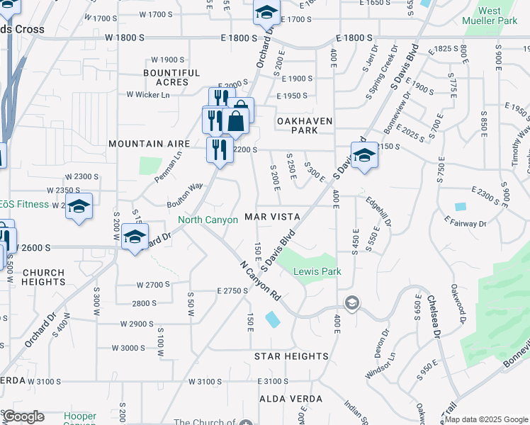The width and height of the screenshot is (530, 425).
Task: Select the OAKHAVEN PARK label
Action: [x=305, y=126]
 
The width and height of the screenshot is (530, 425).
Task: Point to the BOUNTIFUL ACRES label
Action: [x=171, y=77]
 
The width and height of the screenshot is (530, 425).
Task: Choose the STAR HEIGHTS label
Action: [x=291, y=356]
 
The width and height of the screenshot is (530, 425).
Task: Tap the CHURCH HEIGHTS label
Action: [x=43, y=277]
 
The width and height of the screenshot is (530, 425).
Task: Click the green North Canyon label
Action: [x=208, y=220]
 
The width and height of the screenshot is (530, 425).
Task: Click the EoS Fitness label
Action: [x=25, y=205]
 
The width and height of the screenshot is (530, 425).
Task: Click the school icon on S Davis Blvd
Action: [x=364, y=155]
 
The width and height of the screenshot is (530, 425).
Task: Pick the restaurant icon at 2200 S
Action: [x=220, y=149]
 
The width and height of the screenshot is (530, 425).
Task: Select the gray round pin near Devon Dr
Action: [x=351, y=303]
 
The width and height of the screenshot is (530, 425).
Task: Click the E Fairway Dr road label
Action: [x=463, y=224]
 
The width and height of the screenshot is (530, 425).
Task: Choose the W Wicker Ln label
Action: [x=148, y=94]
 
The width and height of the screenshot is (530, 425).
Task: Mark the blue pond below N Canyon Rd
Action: [x=272, y=319]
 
